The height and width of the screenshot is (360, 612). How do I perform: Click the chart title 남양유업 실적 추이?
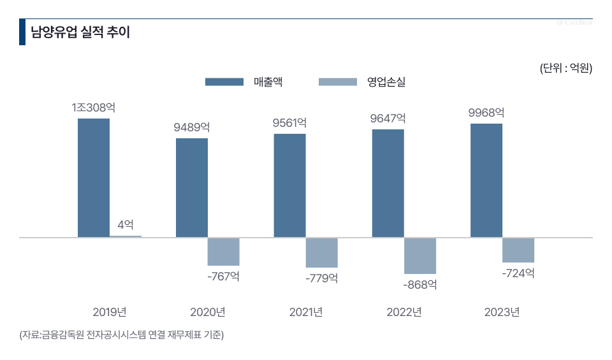pos(80,32)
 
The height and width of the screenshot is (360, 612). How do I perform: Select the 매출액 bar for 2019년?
pos(94,178)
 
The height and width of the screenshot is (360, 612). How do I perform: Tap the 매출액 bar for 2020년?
pos(192,187)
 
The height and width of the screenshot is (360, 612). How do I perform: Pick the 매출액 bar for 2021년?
pos(290,185)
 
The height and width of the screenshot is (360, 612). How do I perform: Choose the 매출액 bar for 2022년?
pos(388,184)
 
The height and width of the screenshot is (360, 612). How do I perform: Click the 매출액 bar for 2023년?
pos(486,180)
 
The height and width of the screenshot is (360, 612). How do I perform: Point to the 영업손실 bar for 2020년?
pos(224,252)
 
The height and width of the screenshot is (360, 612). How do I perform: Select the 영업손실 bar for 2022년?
pos(420,256)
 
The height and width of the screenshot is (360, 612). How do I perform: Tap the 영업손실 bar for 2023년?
pos(518,250)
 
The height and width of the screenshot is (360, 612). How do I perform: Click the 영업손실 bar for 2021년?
pos(322,252)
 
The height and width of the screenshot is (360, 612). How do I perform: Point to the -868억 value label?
pos(419,284)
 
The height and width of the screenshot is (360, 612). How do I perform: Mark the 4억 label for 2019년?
pos(126,224)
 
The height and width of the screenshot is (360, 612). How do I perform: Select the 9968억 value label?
pos(486,113)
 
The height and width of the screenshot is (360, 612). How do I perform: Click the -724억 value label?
pos(518,273)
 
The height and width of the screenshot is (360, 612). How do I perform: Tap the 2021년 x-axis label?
pos(306,312)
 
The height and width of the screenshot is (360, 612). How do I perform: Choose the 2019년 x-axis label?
pos(110,312)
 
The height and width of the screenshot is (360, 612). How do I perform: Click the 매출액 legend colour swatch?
pos(224,82)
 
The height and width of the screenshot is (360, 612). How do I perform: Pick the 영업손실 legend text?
pos(386,82)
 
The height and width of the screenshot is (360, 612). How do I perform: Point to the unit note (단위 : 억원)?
pos(566,68)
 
